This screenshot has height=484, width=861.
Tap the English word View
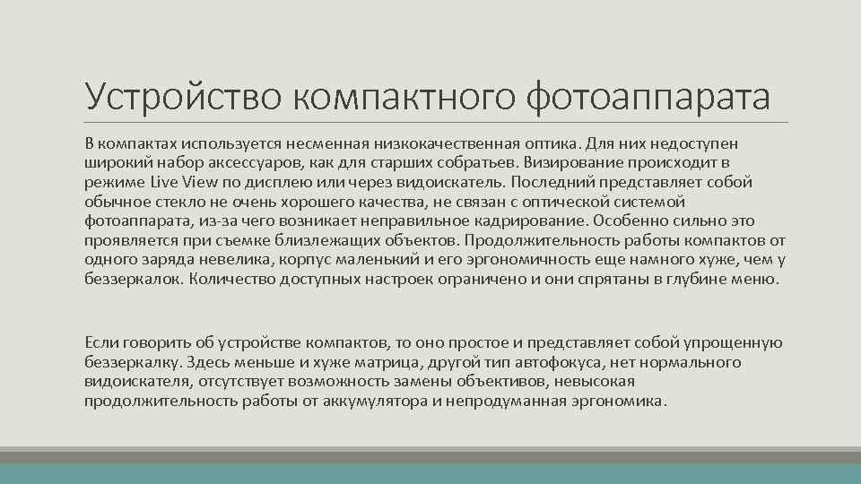pyautogui.click(x=203, y=182)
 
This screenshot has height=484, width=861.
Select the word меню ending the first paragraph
pyautogui.click(x=756, y=279)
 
